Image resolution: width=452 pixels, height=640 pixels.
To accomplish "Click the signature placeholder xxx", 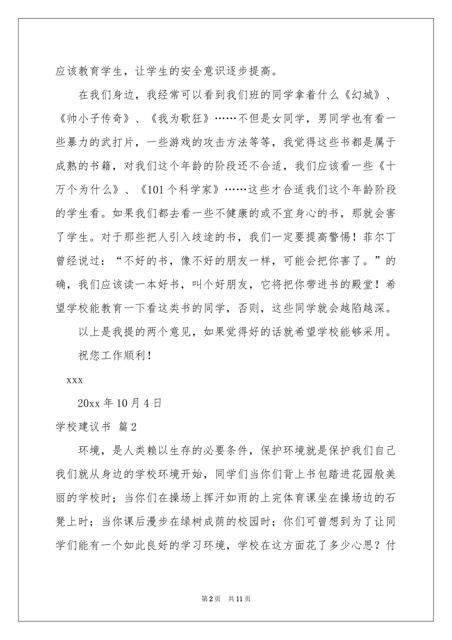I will pyautogui.click(x=75, y=380).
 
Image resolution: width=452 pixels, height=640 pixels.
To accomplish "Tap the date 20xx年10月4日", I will pyautogui.click(x=119, y=403).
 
